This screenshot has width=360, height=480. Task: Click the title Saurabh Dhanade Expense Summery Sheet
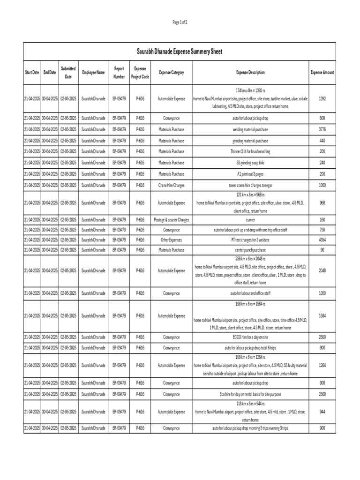pos(180,51)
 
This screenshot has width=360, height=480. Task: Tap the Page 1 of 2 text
pos(180,22)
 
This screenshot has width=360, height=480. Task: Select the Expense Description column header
pos(250,73)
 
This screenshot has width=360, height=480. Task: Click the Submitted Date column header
pos(68,73)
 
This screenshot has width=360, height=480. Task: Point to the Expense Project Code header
pos(140,73)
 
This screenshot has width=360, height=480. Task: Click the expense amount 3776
pos(322,129)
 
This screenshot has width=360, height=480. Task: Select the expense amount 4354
pos(322,240)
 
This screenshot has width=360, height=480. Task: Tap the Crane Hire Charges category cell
pos(171,186)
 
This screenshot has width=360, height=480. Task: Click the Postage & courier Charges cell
pos(171,219)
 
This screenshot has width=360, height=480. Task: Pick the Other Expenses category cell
pos(171,240)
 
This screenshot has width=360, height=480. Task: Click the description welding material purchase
pos(250,129)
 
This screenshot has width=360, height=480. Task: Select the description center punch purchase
pos(250,250)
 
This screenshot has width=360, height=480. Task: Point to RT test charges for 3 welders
pos(250,240)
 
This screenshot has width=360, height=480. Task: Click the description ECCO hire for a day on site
pos(250,337)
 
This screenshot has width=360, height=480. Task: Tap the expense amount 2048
pos(322,270)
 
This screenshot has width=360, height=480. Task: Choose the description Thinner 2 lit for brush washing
pos(250,152)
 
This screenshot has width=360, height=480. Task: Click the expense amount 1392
pos(322,98)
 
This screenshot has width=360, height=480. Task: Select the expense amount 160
pos(322,219)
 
